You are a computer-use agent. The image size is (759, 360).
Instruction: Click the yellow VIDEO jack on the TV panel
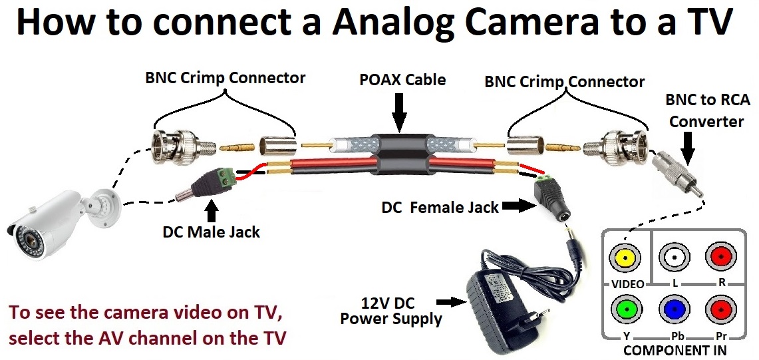coord(625,257)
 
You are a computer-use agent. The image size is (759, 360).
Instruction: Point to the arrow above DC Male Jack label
coord(212,211)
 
